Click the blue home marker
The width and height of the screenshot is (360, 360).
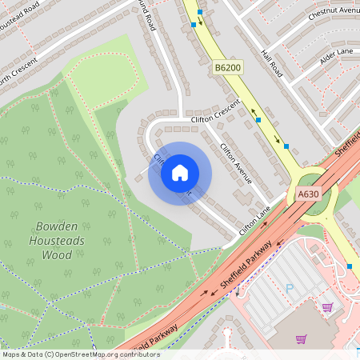180,173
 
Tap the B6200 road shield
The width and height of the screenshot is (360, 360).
227,70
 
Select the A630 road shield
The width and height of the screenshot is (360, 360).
308,194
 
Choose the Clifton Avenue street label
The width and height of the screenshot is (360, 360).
236,163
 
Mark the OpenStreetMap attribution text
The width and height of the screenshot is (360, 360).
81,354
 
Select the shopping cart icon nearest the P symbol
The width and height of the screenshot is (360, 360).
327,307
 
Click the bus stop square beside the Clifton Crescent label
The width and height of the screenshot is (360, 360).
258,120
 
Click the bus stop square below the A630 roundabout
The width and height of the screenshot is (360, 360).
350,266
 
